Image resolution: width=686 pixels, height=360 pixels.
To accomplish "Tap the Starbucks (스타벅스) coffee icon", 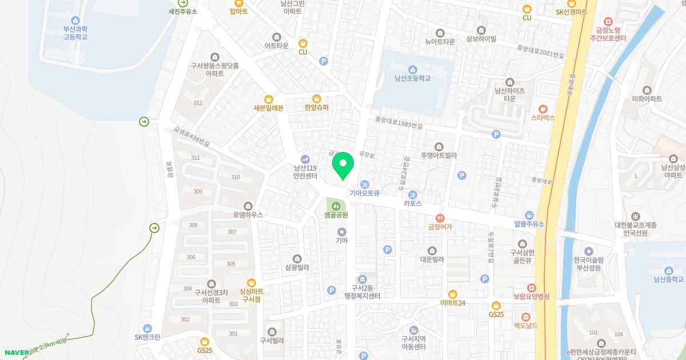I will point(543,108).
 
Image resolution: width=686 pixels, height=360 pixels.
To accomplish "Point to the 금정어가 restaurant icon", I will point(440,218).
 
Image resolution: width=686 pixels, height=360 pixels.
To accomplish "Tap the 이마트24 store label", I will point(453,303).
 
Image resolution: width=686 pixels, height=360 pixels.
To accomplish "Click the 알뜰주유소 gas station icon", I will point(529,214).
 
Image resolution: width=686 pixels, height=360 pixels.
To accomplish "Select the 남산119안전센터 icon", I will point(305,159).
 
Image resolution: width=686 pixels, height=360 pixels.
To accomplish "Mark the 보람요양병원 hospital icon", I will point(531,287).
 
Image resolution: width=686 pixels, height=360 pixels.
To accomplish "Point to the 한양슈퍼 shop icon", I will point(317,98).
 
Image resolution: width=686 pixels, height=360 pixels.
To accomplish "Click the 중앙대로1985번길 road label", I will point(398,123).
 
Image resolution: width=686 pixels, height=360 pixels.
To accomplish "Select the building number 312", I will point(198,103).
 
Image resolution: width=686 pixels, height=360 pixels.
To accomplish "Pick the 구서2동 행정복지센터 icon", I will point(362,278).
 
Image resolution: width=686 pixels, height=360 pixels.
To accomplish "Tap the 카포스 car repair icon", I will point(412,194).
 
